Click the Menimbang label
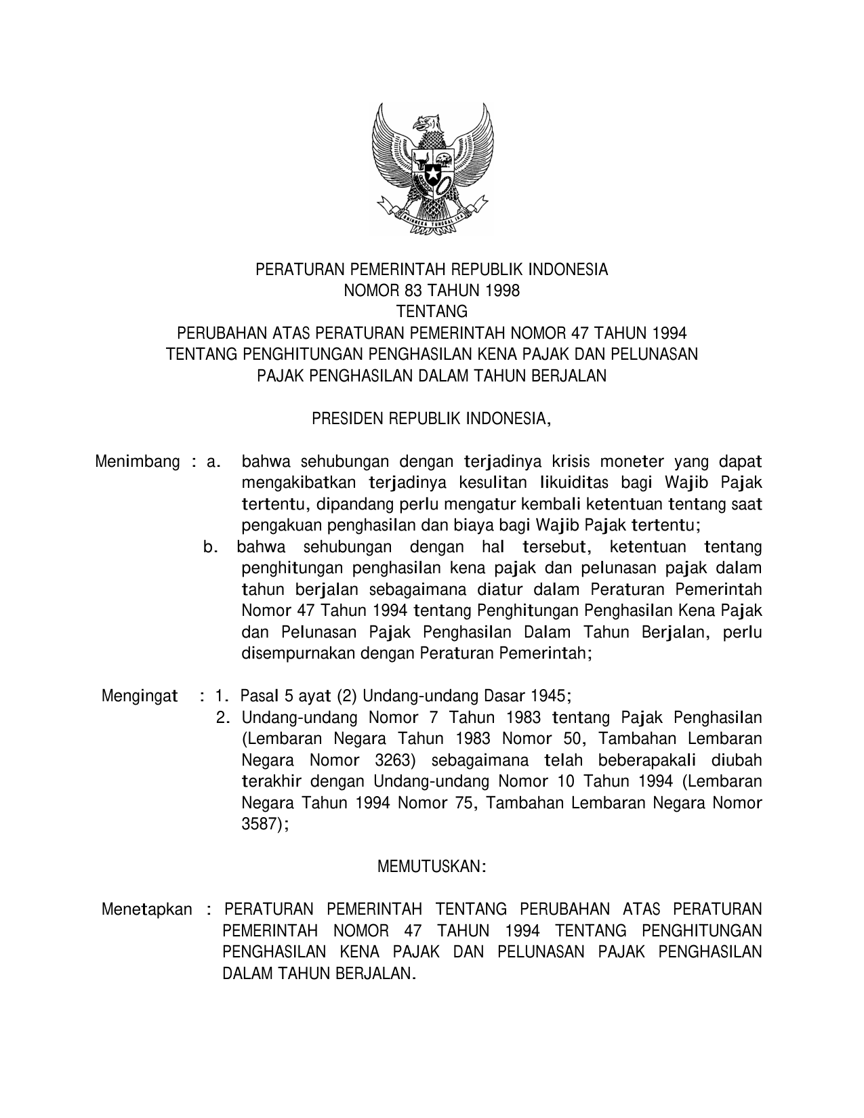click(x=138, y=462)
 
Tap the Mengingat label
click(x=140, y=696)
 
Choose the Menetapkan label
click(x=146, y=909)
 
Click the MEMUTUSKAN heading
click(x=432, y=867)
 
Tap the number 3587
click(x=262, y=824)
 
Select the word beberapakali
click(x=646, y=760)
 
